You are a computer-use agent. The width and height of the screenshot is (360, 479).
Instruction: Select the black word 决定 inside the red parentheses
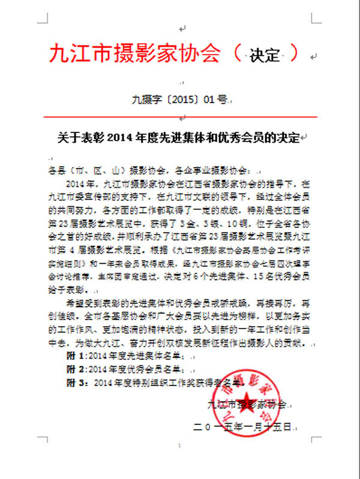click(265, 55)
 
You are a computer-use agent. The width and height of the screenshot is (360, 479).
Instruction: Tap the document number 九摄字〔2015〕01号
click(179, 100)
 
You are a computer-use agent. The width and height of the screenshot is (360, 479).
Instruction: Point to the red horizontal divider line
click(179, 116)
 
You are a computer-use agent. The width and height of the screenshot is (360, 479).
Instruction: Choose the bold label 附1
click(73, 356)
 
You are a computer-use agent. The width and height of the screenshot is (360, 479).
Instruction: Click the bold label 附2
click(73, 369)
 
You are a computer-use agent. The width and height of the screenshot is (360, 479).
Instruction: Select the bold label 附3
click(73, 381)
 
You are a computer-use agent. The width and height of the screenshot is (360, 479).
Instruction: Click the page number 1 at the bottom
click(180, 447)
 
